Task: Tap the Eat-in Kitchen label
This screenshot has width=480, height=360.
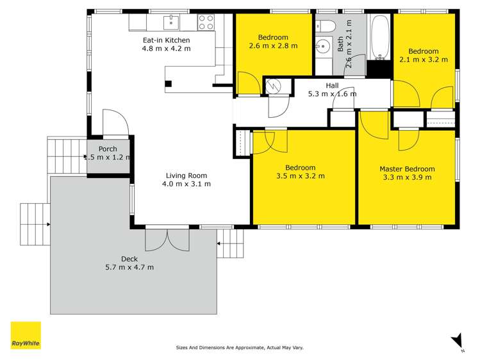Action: pos(166,40)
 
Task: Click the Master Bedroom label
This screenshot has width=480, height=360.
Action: pos(407,169)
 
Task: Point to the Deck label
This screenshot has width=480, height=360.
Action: pos(129,259)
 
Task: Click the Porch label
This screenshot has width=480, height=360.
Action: pos(108,148)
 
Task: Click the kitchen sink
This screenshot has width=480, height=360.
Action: pos(170,23)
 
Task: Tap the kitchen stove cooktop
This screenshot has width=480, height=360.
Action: pos(206,22)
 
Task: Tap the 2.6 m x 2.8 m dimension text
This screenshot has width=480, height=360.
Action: pos(274,45)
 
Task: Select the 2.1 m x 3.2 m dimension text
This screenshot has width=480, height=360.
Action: pos(424,60)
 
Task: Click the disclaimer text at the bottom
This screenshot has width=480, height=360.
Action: pos(240,348)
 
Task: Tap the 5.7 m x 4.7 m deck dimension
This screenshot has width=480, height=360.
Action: pos(129,267)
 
